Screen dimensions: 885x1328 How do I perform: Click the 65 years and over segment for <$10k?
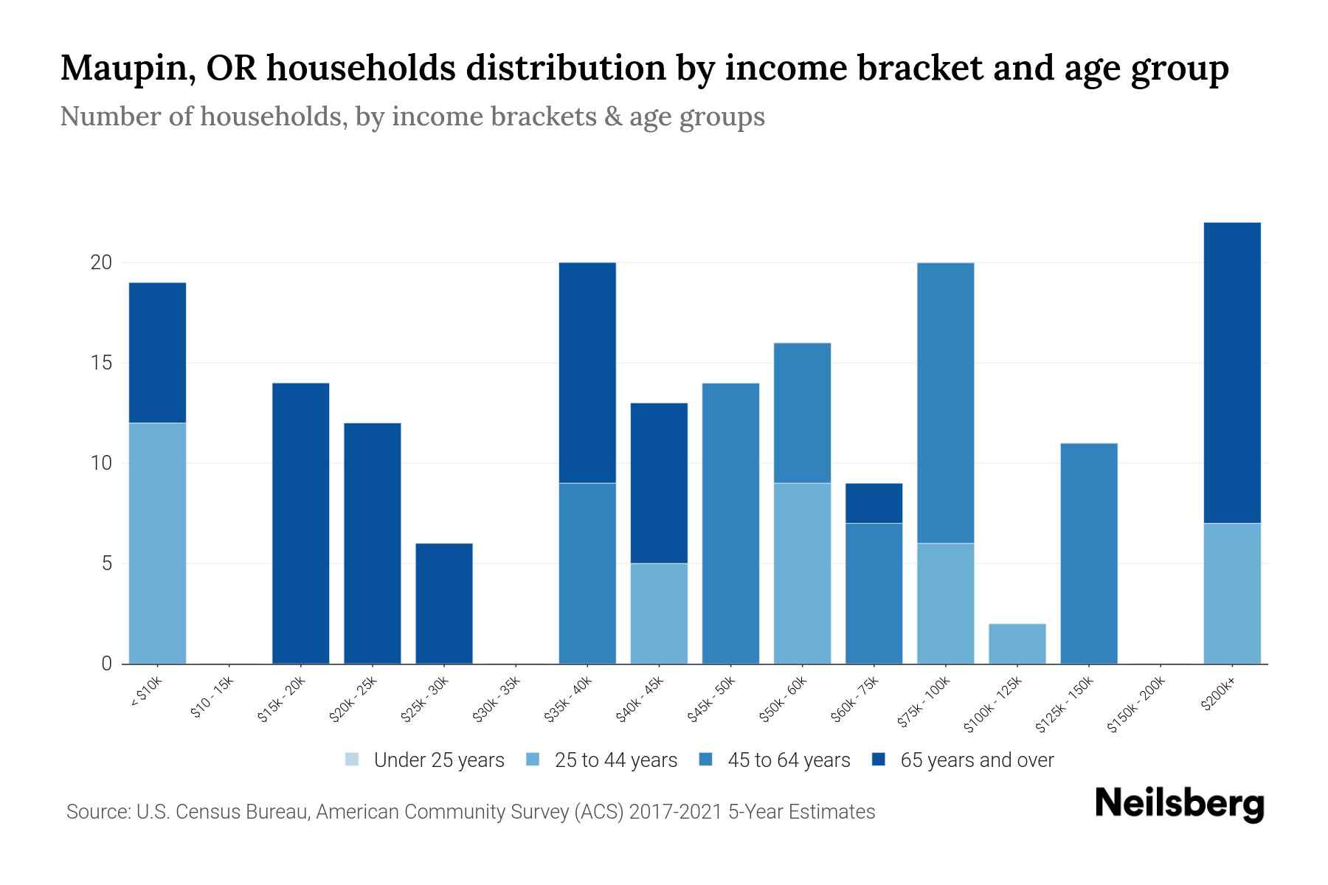click(157, 353)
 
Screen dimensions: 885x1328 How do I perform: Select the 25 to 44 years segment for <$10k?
click(157, 543)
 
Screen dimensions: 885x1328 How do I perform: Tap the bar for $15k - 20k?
click(301, 523)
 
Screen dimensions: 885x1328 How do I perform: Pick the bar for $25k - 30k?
click(444, 603)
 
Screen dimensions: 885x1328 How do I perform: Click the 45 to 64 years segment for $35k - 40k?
click(587, 573)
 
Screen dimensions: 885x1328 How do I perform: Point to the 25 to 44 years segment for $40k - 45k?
click(659, 613)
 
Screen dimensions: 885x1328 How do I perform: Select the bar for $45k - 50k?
click(730, 523)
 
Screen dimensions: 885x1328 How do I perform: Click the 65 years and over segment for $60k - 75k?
click(874, 503)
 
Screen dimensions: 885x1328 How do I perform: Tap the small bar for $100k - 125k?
click(1017, 644)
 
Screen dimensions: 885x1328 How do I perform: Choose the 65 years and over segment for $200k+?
click(1232, 372)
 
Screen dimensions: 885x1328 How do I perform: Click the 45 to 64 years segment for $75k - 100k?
click(946, 403)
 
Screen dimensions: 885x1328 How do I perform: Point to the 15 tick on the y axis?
click(102, 363)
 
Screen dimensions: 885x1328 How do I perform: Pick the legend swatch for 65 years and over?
click(879, 760)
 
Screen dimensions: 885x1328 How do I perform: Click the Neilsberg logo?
click(1179, 804)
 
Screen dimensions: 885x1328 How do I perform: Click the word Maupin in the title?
click(122, 68)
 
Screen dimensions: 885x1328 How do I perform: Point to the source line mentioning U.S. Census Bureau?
click(470, 812)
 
